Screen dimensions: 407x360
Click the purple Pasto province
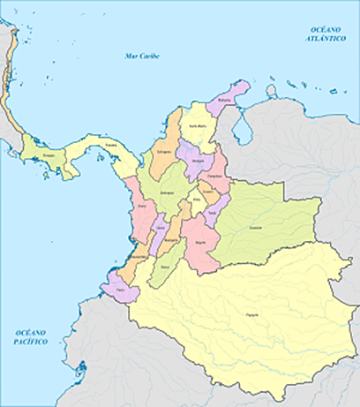(120, 288)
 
